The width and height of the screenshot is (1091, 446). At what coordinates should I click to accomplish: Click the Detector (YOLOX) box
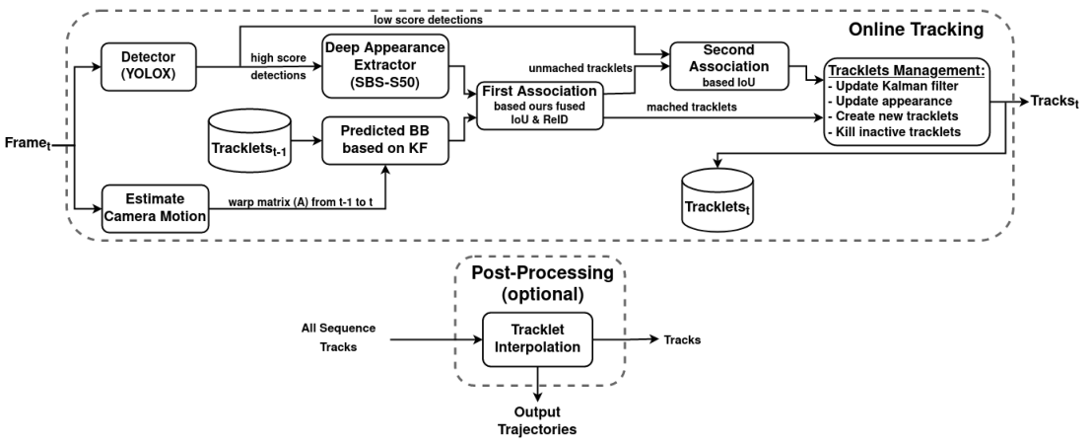click(149, 67)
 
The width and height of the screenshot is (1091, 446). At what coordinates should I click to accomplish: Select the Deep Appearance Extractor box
click(384, 67)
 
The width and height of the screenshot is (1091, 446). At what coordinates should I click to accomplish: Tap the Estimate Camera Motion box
click(155, 208)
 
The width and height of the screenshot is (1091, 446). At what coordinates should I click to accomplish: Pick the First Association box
click(540, 106)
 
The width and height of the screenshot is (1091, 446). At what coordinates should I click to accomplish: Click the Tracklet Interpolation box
click(538, 339)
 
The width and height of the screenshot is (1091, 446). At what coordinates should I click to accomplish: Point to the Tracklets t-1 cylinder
click(249, 141)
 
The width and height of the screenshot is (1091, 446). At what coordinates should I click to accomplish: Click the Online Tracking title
click(915, 30)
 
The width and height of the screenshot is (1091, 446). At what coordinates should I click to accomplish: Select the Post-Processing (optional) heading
click(542, 283)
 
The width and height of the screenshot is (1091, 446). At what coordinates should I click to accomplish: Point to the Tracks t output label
click(1055, 102)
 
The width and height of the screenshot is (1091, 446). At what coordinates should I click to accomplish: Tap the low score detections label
click(428, 20)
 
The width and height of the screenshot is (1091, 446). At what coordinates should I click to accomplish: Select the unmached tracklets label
click(580, 68)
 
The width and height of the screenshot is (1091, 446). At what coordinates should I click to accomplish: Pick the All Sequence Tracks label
click(338, 337)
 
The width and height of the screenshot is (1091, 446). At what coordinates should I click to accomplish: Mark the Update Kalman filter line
click(893, 86)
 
